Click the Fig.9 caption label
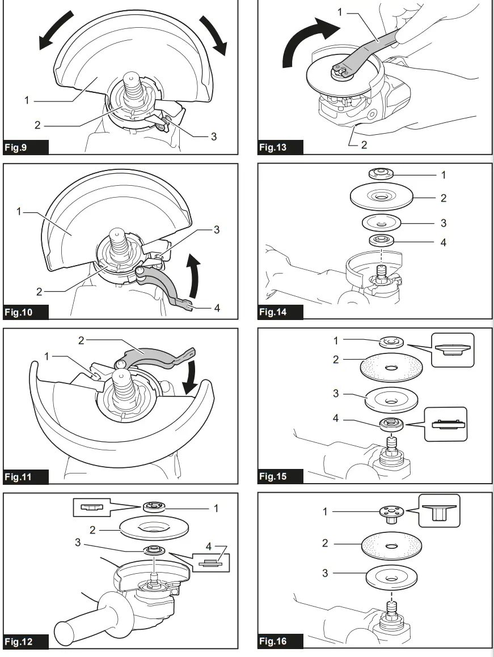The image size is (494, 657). (x=16, y=148)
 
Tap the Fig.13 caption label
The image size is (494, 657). (x=273, y=148)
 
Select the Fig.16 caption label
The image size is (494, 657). (x=273, y=641)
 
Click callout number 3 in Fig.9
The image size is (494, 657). (x=213, y=137)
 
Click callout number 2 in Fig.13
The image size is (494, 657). (x=364, y=145)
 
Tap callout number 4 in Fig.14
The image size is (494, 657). (x=444, y=242)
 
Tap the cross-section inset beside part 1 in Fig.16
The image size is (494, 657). (x=439, y=510)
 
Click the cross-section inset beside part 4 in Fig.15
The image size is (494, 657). (x=445, y=424)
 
